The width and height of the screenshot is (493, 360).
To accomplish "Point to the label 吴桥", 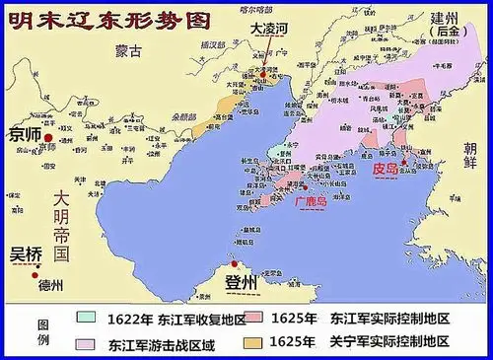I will click(26, 253).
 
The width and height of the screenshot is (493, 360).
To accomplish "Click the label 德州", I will click(49, 286).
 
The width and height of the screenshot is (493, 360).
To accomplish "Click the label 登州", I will click(241, 284).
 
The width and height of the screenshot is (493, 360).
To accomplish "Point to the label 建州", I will click(444, 17).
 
